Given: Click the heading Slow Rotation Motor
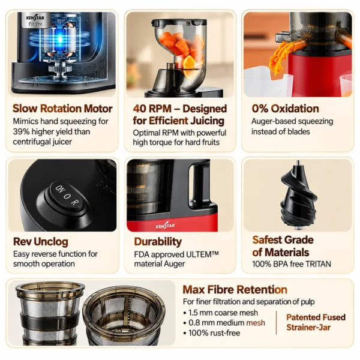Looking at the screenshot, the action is click(62, 109).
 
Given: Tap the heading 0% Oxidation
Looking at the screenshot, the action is click(285, 109).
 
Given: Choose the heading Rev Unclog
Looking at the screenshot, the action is click(41, 242).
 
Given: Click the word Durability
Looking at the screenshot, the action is click(158, 242).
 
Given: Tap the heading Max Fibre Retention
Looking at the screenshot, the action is click(235, 290).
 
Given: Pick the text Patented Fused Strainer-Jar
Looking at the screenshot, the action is click(316, 322).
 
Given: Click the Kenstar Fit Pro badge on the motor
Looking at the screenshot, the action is click(35, 20).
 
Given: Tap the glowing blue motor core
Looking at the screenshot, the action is click(60, 40).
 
